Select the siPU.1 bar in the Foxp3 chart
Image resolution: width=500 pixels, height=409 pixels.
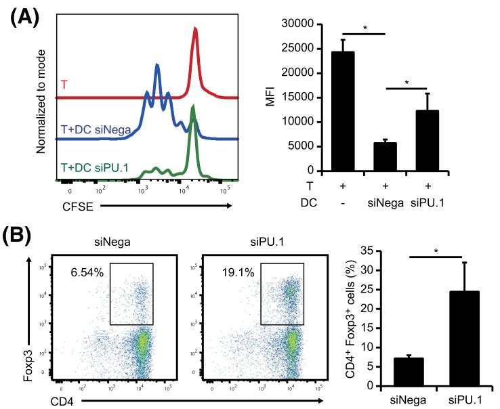coord(451,339)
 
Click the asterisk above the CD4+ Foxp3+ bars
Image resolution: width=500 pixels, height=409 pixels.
coord(435,251)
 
